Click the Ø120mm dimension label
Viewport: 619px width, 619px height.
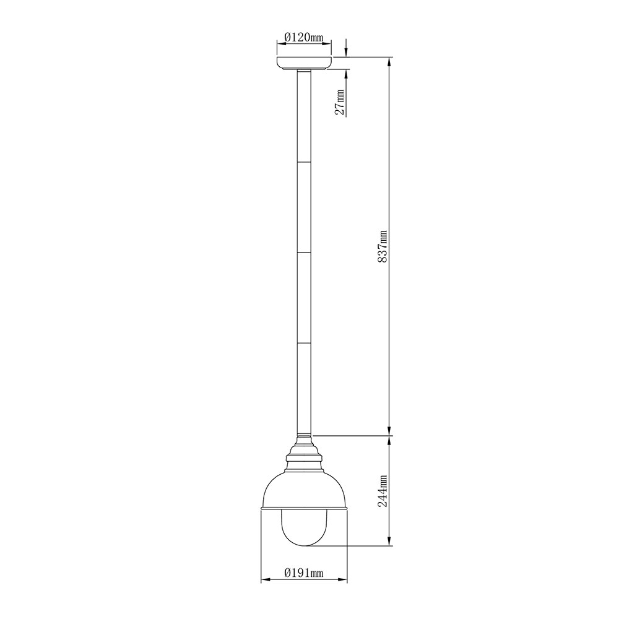point(303,38)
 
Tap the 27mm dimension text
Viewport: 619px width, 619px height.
point(340,102)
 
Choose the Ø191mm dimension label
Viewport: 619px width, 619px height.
point(303,573)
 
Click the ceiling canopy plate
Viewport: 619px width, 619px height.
point(304,63)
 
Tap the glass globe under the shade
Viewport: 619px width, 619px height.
point(305,528)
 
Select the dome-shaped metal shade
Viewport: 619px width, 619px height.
point(305,490)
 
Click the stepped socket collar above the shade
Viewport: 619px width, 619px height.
point(305,453)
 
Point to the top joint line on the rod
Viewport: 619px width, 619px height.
point(304,162)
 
